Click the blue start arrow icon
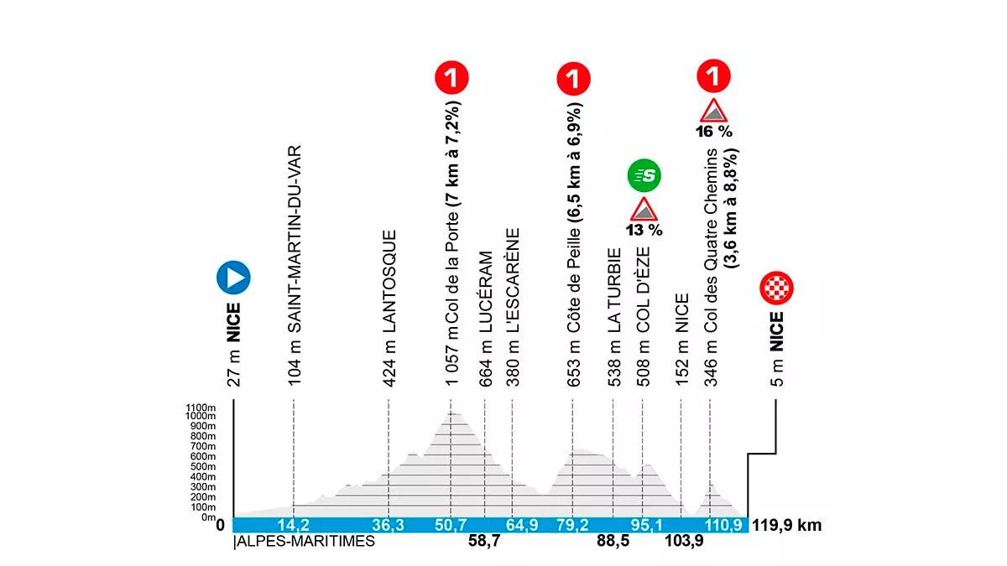233,277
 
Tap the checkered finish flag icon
776,288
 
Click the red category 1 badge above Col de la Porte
451,79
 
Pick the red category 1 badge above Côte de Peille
572,79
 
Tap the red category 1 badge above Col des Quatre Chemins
713,79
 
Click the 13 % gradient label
644,230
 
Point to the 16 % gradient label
713,131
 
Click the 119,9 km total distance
786,527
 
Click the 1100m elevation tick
202,407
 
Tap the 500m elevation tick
204,467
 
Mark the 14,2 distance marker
294,527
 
